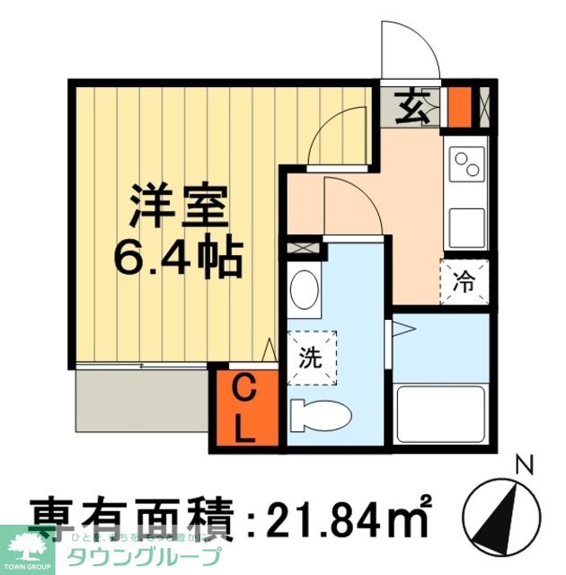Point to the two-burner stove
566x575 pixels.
point(467,164)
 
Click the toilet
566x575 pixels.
point(320,416)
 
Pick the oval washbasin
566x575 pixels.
point(305,289)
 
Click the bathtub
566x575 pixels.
point(440,410)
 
